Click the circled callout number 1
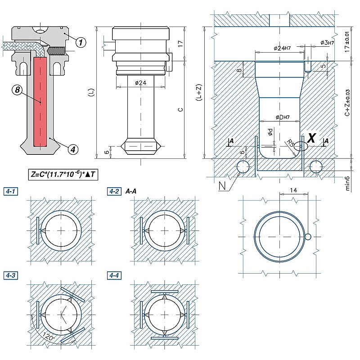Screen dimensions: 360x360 coord(80,42)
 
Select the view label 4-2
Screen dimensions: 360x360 coord(114,191)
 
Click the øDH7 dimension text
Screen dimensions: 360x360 coord(279,117)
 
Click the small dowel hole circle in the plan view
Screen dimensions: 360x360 coord(308,237)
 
